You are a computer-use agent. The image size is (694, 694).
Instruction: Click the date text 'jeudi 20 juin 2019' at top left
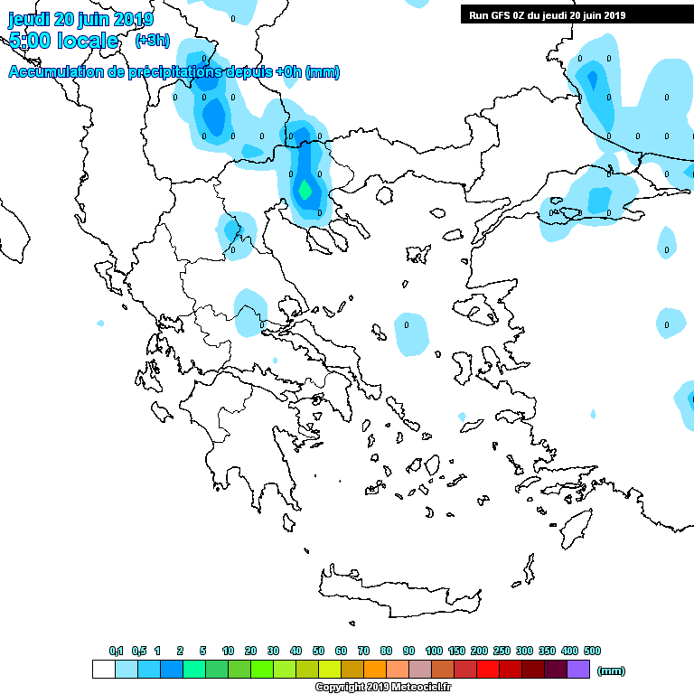[80, 19]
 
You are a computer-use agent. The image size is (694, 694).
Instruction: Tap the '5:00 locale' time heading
[63, 41]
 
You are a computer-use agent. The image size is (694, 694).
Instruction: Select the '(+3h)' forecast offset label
[152, 41]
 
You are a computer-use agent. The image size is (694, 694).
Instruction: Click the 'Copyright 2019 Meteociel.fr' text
[383, 688]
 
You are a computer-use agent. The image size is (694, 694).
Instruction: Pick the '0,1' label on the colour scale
[116, 651]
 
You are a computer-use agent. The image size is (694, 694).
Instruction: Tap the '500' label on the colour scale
[592, 651]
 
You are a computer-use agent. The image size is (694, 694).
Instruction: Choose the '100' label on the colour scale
[434, 651]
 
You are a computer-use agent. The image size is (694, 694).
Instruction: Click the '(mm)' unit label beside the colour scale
[612, 671]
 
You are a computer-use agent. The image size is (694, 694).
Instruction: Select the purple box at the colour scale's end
[578, 669]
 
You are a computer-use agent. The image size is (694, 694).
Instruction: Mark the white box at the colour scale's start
[104, 669]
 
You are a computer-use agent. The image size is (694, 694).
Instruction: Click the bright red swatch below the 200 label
[488, 669]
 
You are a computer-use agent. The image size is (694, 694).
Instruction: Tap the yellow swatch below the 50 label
[330, 669]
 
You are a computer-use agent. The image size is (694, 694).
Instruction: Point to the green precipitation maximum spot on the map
[305, 191]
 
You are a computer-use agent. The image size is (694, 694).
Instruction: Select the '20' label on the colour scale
[250, 651]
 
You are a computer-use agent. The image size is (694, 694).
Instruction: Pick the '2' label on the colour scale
[180, 651]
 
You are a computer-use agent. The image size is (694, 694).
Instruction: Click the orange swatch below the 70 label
[375, 669]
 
